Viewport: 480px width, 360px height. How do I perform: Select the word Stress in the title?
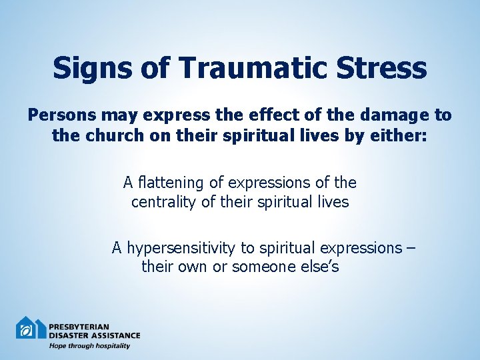pos(383,68)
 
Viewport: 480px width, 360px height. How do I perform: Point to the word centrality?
pos(163,201)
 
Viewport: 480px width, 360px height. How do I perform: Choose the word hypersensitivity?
pos(182,249)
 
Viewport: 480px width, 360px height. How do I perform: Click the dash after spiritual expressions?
pos(409,249)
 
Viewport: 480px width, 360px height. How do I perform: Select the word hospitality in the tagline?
pos(111,345)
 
